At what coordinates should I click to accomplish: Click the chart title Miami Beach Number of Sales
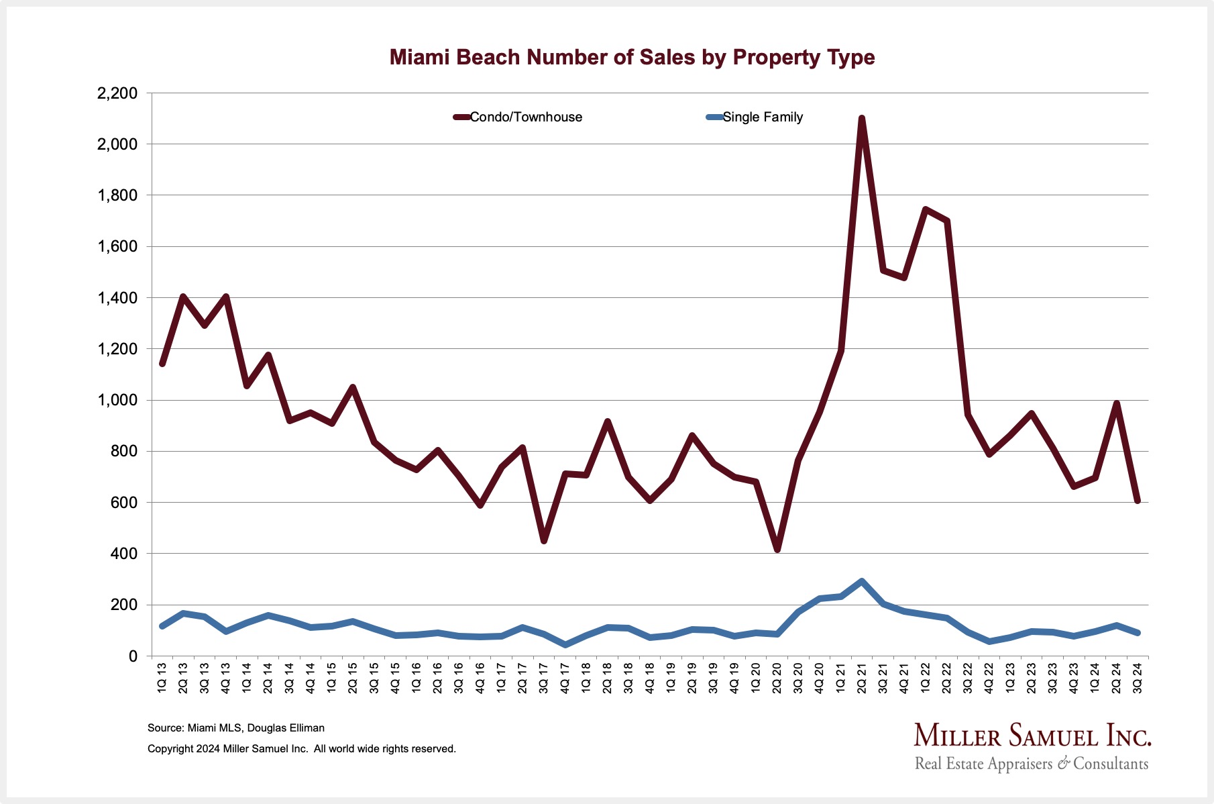[632, 58]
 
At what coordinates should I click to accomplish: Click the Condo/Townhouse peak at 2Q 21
[862, 119]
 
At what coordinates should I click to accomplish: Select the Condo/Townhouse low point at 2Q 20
[777, 550]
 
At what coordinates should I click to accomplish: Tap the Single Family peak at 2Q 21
[862, 581]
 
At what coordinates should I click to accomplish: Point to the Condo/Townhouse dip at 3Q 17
[544, 540]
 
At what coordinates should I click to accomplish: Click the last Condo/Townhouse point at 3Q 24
[1138, 501]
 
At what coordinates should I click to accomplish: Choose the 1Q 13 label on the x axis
[162, 678]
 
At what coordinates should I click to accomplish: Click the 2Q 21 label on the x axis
[862, 678]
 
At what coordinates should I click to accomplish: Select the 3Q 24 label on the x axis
[1138, 678]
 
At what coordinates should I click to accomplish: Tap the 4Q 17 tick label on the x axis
[565, 678]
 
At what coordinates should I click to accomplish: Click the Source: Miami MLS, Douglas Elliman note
[236, 728]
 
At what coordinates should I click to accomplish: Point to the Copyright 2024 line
[302, 749]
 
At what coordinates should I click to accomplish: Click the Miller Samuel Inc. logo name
[1032, 736]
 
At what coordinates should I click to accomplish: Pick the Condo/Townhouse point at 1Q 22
[926, 209]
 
